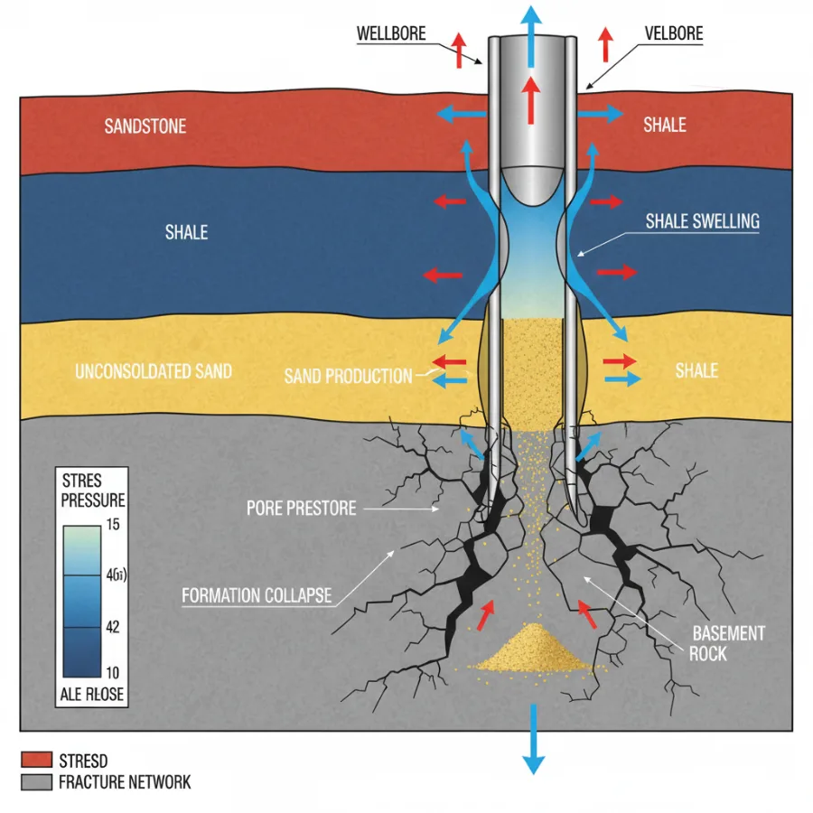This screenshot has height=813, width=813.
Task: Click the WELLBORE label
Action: point(391,33)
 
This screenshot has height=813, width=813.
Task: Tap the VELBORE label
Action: point(674,33)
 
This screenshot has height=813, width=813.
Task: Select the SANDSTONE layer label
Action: point(145,126)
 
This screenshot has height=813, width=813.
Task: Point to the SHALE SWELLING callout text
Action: point(703,221)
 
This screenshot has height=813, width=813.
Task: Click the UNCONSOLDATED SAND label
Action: point(154,371)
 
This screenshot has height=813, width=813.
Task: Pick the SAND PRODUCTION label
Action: point(348,376)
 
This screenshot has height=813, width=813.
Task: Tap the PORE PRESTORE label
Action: point(301,508)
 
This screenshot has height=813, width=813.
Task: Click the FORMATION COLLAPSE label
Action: point(257,595)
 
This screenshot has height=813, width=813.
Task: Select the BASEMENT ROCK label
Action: point(727,643)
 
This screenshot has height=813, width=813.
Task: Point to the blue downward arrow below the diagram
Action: point(533,739)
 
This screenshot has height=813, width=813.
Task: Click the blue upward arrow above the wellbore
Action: point(531,35)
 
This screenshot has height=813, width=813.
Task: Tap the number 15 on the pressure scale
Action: point(113,524)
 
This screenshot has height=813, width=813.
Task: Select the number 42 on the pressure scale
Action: point(113,627)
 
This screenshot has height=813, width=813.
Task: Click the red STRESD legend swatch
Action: point(36,760)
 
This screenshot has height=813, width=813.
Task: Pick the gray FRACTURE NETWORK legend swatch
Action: point(36,782)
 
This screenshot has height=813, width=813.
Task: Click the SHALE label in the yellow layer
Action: point(696,370)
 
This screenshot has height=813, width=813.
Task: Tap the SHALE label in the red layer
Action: point(665,125)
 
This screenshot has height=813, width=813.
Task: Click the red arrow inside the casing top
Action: point(530,100)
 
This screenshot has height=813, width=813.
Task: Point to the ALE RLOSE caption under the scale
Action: point(92,695)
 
